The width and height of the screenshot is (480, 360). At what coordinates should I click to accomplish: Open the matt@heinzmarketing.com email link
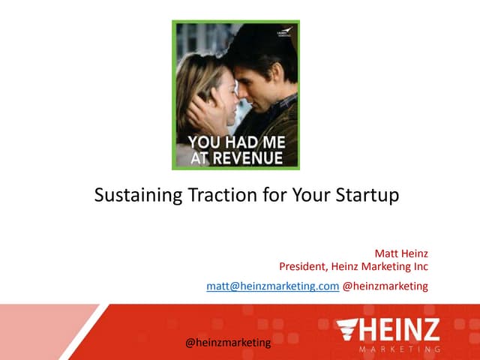pyautogui.click(x=272, y=286)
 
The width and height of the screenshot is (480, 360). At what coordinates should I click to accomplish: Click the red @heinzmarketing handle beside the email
pyautogui.click(x=385, y=286)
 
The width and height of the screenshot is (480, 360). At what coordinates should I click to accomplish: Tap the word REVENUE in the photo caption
pyautogui.click(x=248, y=158)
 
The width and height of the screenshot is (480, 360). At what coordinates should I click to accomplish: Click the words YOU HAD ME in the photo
pyautogui.click(x=235, y=142)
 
